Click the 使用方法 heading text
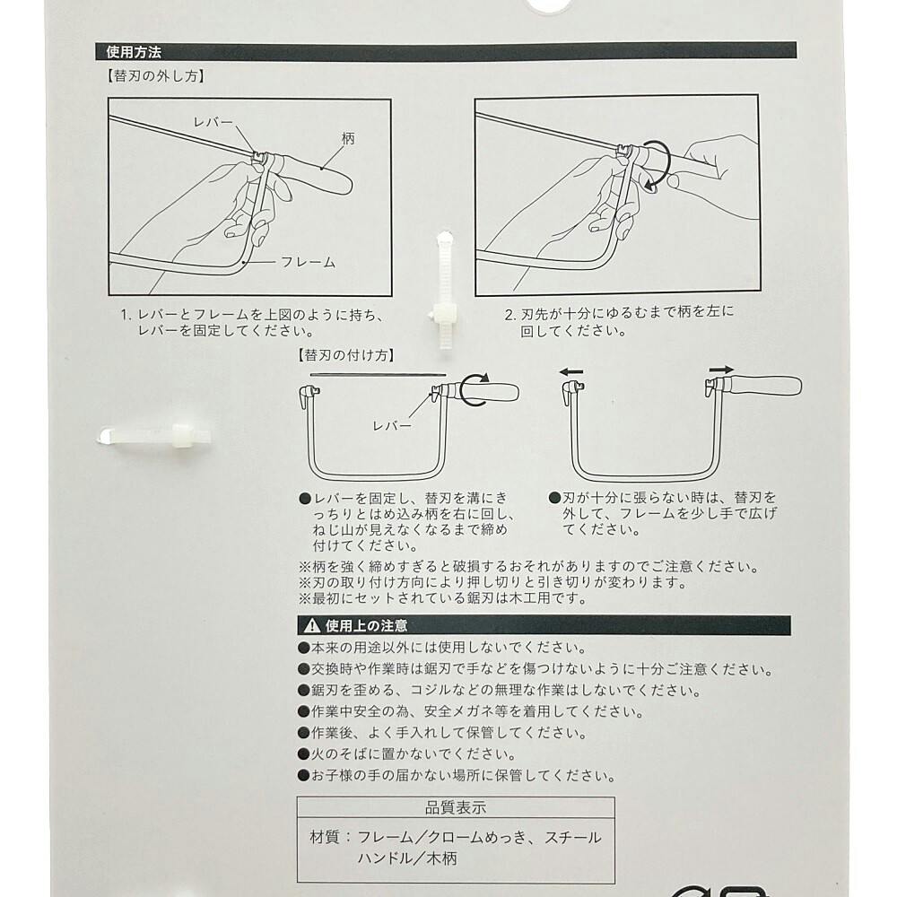[134, 52]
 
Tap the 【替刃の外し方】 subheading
[155, 76]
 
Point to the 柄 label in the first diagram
[348, 138]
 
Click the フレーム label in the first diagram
[308, 262]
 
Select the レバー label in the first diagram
[213, 122]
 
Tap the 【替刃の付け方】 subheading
[346, 355]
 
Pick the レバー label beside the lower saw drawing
[393, 426]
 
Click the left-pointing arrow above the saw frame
[570, 372]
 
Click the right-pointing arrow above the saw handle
[721, 370]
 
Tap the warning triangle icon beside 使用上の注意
[312, 625]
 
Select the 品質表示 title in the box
[456, 808]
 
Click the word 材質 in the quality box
[325, 838]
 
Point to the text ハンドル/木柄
[407, 858]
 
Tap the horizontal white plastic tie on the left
[154, 436]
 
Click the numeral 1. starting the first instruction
[127, 315]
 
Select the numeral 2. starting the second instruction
[511, 315]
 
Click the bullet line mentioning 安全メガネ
[471, 711]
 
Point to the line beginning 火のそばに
[406, 754]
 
